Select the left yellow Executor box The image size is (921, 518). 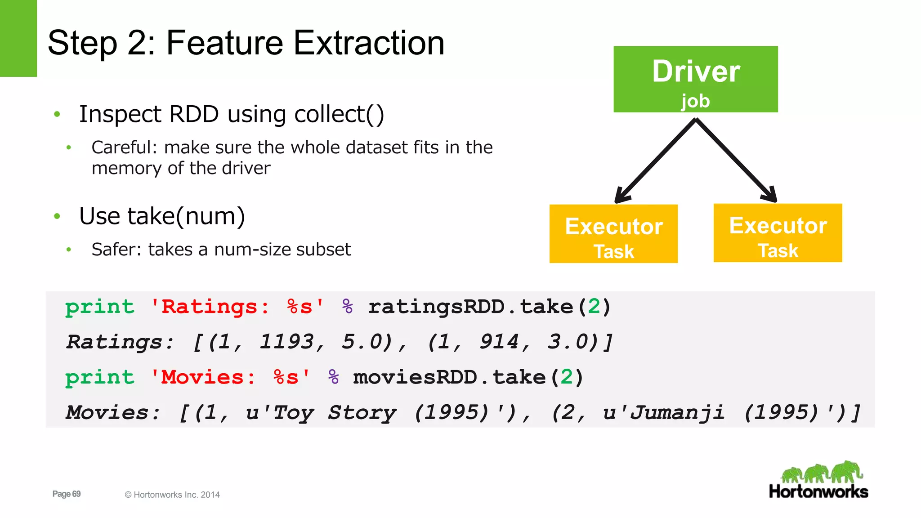tap(613, 233)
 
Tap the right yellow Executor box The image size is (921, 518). tap(778, 232)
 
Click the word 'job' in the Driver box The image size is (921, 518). tap(695, 101)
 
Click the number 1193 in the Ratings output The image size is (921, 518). tap(286, 342)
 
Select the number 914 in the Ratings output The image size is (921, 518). tap(498, 342)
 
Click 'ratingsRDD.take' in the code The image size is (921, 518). tap(470, 307)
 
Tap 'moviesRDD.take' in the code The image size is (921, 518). tap(449, 377)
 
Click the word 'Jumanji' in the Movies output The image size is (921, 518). tap(677, 412)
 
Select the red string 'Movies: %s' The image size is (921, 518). tap(230, 377)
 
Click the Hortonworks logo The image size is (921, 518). tap(818, 480)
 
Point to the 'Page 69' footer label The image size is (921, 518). tap(67, 494)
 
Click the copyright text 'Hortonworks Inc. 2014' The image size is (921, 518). tap(176, 495)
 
